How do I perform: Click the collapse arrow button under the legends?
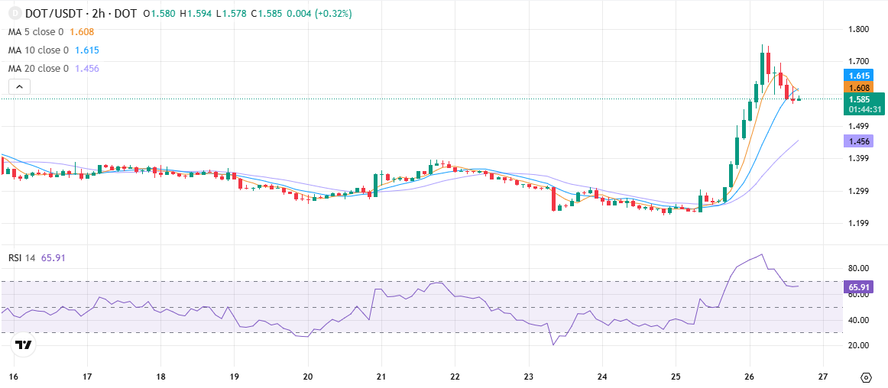pos(19,86)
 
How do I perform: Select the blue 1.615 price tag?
pos(858,75)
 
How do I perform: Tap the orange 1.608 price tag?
pos(858,88)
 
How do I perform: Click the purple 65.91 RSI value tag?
pos(858,286)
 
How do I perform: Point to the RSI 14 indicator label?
pos(22,258)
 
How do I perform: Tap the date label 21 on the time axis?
pos(381,376)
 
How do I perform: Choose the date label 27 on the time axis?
pos(824,376)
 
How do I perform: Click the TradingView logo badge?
pos(23,345)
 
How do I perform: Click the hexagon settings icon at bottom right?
pos(866,377)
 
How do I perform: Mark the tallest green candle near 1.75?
pos(762,67)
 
